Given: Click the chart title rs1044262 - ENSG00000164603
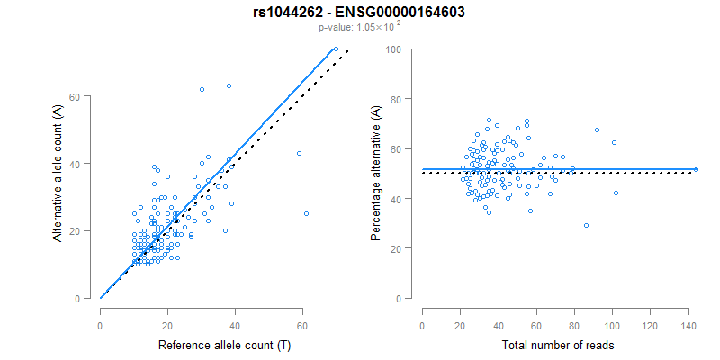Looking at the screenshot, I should pyautogui.click(x=360, y=13).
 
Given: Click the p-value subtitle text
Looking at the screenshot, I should pyautogui.click(x=360, y=27).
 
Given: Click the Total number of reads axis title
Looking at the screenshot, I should pyautogui.click(x=559, y=345).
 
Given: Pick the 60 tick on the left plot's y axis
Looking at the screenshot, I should pyautogui.click(x=81, y=96).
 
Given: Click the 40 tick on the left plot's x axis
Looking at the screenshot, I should pyautogui.click(x=235, y=319).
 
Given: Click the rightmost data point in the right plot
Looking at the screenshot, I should pyautogui.click(x=696, y=169).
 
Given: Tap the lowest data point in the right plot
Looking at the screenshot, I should pyautogui.click(x=586, y=225).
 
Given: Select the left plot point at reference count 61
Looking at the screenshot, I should pyautogui.click(x=306, y=213).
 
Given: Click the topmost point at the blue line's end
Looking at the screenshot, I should pyautogui.click(x=336, y=49).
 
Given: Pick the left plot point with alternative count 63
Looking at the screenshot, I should pyautogui.click(x=229, y=86).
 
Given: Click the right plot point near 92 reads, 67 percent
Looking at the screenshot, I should pyautogui.click(x=597, y=130).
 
